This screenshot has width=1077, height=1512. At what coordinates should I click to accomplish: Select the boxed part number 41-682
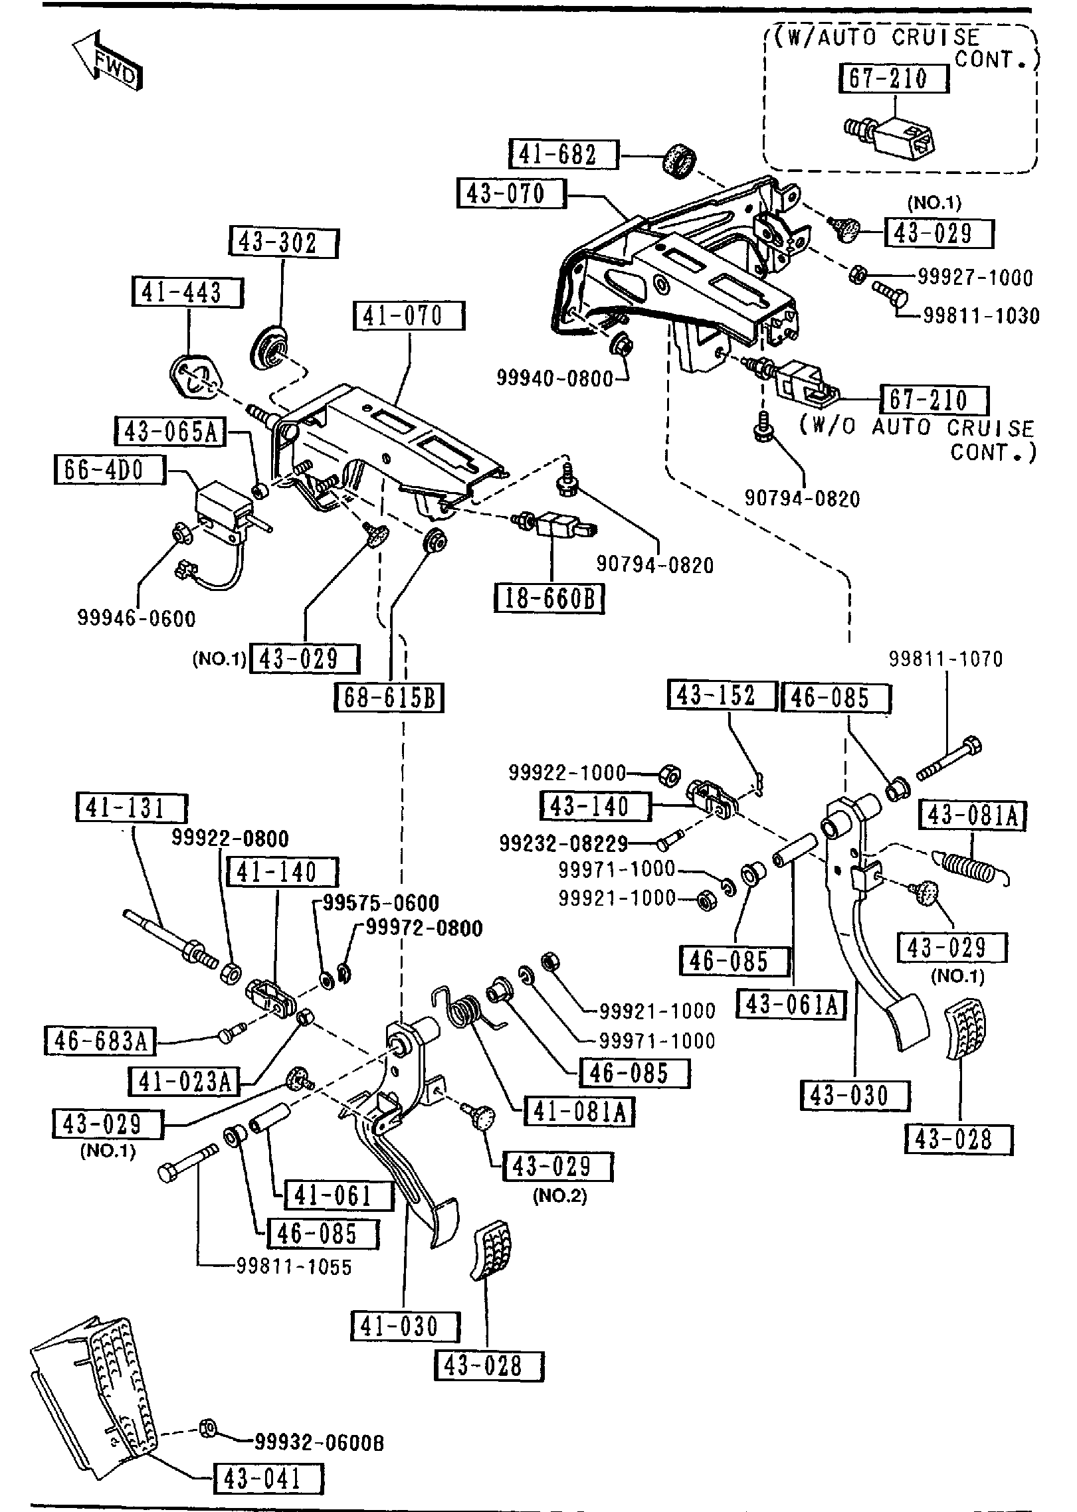point(564,155)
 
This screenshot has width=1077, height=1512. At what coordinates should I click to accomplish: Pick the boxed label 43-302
point(284,243)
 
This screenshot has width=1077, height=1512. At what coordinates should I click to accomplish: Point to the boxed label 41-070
point(409,316)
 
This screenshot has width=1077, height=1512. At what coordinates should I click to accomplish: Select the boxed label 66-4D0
point(108,470)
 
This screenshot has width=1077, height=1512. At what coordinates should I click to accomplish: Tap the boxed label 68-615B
point(389,697)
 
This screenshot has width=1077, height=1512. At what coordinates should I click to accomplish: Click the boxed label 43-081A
point(972,816)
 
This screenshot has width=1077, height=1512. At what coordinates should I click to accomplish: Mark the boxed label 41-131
point(132,808)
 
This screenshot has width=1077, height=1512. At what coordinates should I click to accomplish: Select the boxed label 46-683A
point(100,1041)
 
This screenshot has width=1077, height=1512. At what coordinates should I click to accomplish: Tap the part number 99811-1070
point(946,659)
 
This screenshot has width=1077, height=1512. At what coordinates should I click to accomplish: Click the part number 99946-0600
point(137,619)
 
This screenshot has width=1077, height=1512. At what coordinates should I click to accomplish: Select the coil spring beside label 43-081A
point(971,866)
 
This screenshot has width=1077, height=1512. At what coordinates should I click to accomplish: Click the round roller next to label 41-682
point(678,161)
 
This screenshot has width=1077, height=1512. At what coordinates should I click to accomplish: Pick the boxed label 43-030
point(854,1095)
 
